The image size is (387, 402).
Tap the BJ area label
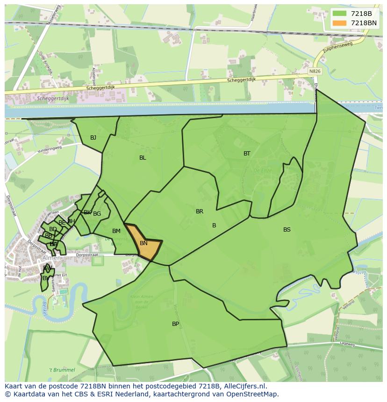coord(93,137)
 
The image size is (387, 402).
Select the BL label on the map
coord(143,158)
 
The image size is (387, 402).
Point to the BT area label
coord(247,154)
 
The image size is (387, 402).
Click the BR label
coord(200,212)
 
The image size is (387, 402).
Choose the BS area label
coord(287,229)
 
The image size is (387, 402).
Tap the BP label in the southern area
coord(175,324)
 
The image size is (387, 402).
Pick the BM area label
coord(116,231)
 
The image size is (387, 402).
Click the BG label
coord(97,214)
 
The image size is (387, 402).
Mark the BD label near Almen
coord(53,229)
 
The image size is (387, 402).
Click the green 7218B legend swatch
coord(340,14)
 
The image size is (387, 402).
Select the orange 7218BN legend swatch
coord(340,23)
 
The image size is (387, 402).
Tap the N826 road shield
coord(315,71)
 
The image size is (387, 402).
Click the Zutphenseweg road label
coord(336,49)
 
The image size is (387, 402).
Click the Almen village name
coord(51,258)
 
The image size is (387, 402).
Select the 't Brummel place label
coord(62,370)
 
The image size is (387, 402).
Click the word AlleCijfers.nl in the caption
coord(245,386)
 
